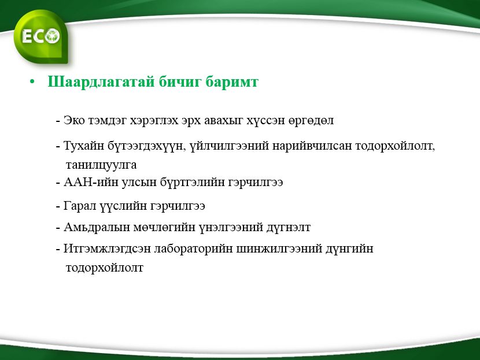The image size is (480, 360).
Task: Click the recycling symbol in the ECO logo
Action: (53, 36)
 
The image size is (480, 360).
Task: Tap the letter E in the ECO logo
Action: (27, 37)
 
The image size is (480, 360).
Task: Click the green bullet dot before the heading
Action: (32, 82)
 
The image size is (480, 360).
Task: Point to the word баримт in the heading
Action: (232, 82)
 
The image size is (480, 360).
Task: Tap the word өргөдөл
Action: (311, 121)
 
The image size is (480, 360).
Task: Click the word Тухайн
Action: (84, 146)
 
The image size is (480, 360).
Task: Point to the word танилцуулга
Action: (101, 165)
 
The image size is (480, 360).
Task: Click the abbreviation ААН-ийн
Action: (91, 182)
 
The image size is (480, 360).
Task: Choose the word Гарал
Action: (80, 206)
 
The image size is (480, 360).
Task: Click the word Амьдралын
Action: (97, 228)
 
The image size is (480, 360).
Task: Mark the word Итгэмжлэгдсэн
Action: (107, 248)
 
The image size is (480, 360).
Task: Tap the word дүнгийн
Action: (349, 248)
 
